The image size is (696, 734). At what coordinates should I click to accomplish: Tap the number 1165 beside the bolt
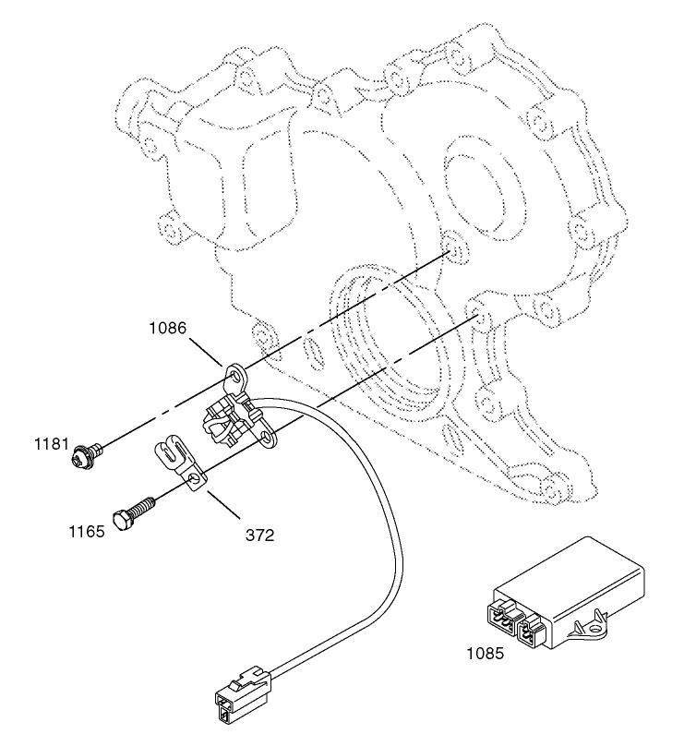click(x=85, y=531)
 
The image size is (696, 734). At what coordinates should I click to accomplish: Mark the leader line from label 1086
click(x=205, y=349)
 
